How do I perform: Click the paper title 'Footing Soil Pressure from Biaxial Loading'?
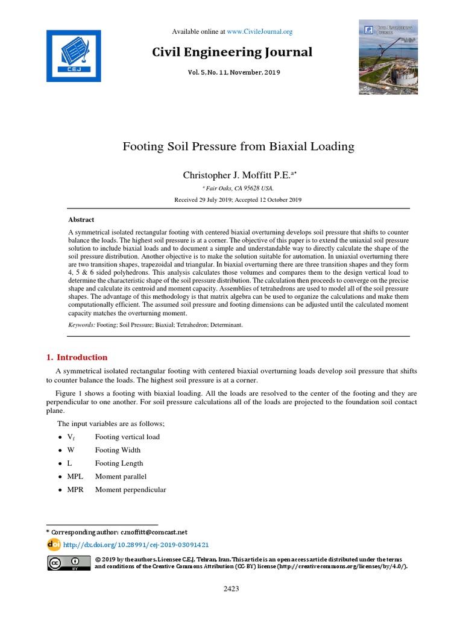239,146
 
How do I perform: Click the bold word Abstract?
81,220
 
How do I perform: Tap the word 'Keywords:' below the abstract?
81,325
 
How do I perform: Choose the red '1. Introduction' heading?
77,357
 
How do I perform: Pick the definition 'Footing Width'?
118,450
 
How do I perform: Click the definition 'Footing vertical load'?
127,437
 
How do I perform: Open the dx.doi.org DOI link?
136,545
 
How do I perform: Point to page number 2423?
231,589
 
